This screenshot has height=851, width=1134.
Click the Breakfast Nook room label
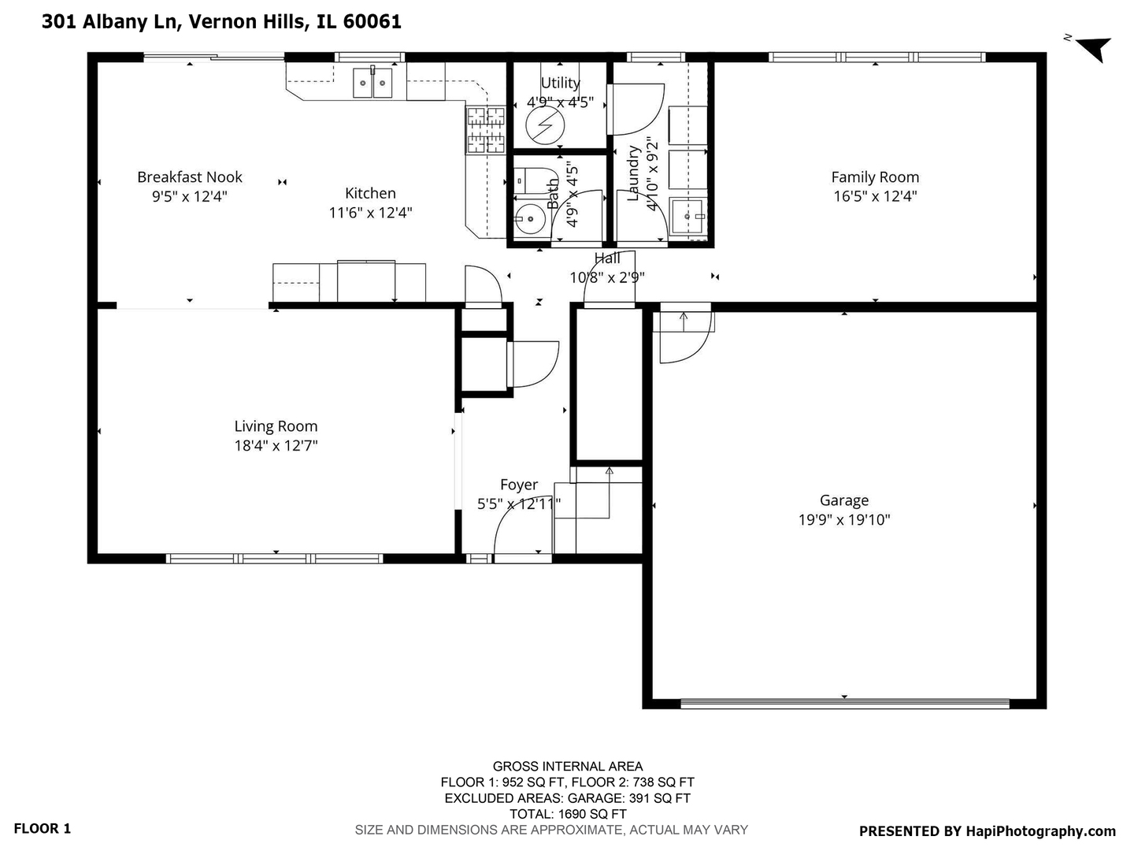coord(190,177)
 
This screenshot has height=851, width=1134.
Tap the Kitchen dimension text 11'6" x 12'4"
coord(370,213)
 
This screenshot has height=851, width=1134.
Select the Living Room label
coord(276,426)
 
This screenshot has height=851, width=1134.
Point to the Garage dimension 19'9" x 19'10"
coord(844,520)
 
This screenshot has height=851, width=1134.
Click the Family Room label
coord(875,177)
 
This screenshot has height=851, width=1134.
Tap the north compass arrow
coord(1094,48)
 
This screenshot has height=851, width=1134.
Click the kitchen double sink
coord(372,82)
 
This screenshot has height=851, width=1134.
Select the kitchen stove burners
coord(486,130)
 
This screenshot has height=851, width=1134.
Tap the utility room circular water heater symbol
coord(545,126)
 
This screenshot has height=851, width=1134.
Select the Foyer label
coord(519,485)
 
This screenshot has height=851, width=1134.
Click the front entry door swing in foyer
coord(516,536)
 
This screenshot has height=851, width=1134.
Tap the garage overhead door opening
coord(844,703)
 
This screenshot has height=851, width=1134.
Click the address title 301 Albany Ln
coord(221,21)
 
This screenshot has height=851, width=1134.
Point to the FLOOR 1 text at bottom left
coord(43,828)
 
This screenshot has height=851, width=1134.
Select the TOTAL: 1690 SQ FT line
coord(567,814)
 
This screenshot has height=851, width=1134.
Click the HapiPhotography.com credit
coord(987,831)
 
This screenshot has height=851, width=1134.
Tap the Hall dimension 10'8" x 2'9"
coord(607,277)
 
